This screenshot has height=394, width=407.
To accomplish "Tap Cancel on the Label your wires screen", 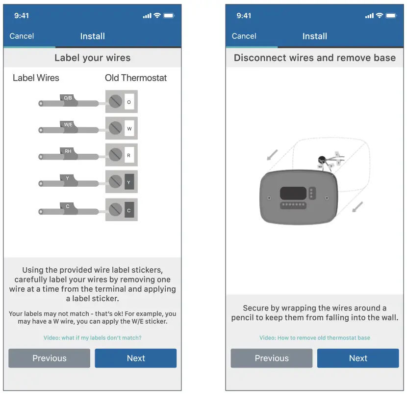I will coord(22,36).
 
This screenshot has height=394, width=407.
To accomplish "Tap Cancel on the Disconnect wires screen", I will coord(244,36).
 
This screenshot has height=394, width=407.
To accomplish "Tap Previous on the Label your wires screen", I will coord(49,358).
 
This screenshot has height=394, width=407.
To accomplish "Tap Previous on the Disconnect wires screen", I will coord(272,358).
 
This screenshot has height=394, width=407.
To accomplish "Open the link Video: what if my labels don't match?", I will coord(92,338).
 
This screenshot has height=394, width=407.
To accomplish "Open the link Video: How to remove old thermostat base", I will coord(314,338).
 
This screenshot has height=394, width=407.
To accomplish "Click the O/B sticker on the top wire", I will coord(68,98).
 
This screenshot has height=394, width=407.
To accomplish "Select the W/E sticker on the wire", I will coord(68,125).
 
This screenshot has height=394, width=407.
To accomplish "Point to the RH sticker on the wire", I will coord(68,151).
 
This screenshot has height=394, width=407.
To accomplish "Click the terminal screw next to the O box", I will coord(115,102).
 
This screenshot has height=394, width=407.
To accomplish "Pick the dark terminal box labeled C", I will coord(129,210).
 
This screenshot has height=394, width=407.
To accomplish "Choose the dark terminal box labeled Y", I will coord(129,182).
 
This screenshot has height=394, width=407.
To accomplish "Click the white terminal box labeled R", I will coord(129,155).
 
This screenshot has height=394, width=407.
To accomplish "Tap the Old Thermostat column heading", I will coord(136,78).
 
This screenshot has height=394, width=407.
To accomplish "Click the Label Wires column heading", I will coord(36,78).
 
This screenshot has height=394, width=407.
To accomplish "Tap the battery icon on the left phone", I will coord(169,16).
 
